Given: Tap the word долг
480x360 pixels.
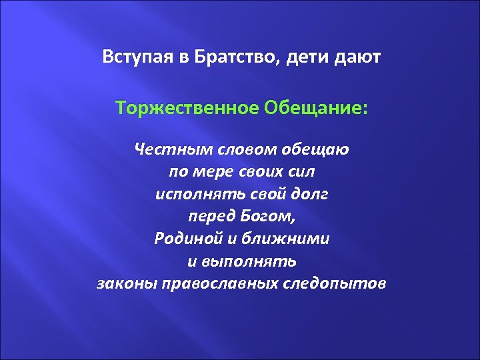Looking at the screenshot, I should [311, 194].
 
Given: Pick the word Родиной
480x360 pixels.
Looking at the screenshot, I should [181, 239].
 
